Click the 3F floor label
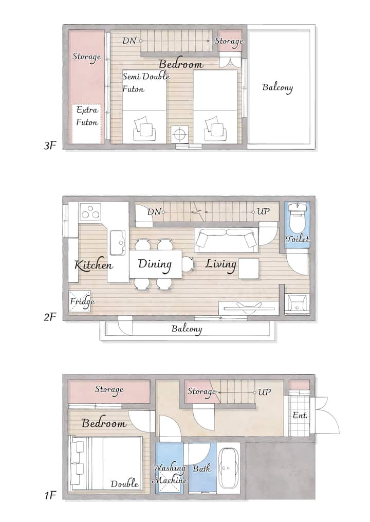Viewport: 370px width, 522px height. click(x=49, y=146)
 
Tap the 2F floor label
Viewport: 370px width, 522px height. click(x=49, y=317)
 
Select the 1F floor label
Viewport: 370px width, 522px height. click(x=49, y=495)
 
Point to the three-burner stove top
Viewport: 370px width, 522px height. click(x=90, y=212)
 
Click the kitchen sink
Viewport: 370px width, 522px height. click(x=118, y=242)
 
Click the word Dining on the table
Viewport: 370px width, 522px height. click(x=155, y=264)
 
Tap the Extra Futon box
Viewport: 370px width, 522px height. click(x=87, y=124)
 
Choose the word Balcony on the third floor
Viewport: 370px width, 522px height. click(x=277, y=87)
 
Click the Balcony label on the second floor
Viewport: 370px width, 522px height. click(x=187, y=329)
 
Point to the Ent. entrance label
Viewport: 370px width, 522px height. click(x=300, y=415)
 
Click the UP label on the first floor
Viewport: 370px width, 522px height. click(x=264, y=392)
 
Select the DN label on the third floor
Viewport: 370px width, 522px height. click(x=129, y=41)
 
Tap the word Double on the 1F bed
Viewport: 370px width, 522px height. click(x=124, y=483)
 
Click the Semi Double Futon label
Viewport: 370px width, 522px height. click(x=146, y=83)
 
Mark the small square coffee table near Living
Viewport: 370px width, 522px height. click(x=249, y=269)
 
